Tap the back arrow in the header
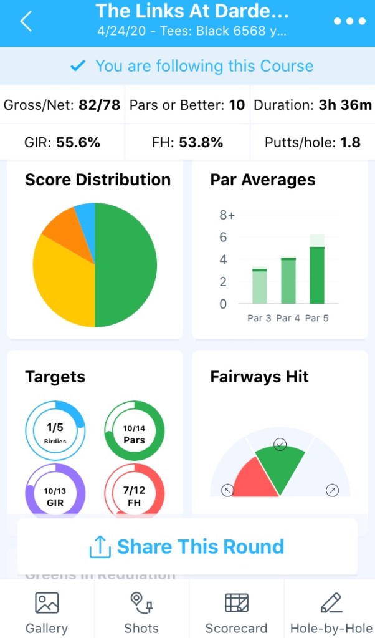coord(26,21)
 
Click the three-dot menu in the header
coord(349,21)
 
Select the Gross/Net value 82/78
coord(99,105)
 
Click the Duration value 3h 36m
coord(344,105)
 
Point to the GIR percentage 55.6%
coord(78,142)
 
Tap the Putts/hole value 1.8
coord(350,142)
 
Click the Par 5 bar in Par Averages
coord(317,274)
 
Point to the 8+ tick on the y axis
coord(227,215)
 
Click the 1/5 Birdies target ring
coord(55,431)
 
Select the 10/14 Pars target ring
coord(134,431)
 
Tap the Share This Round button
coord(187,547)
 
